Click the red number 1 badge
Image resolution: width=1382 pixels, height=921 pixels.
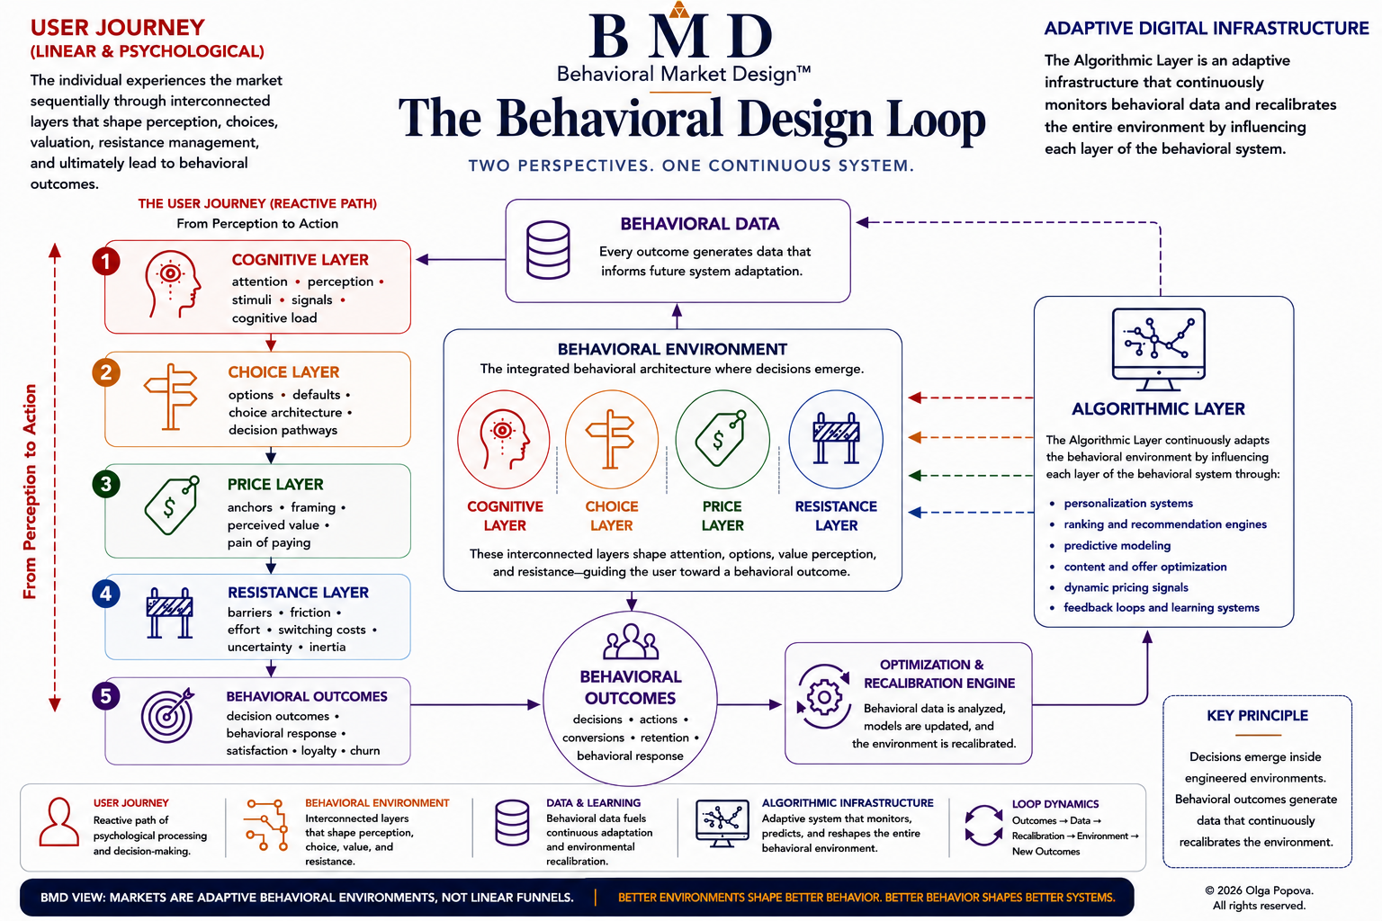point(105,261)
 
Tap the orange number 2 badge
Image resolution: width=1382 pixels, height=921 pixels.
point(106,372)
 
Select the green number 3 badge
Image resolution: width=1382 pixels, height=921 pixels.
point(106,484)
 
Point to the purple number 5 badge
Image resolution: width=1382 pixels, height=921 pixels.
point(106,696)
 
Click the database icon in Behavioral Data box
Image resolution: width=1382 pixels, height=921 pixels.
point(548,250)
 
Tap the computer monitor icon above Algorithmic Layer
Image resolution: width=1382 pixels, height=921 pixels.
point(1158,349)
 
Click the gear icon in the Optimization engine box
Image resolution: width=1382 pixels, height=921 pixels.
point(823,697)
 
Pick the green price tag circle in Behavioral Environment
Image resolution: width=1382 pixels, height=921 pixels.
point(722,439)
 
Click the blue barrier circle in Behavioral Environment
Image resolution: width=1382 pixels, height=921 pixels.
point(836,439)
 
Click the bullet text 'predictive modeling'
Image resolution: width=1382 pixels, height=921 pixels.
point(1117,545)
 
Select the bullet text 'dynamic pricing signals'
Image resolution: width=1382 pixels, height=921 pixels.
point(1126,587)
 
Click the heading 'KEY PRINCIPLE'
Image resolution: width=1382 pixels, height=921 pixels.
point(1257,716)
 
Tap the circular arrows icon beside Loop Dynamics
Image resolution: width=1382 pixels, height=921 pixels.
point(983,826)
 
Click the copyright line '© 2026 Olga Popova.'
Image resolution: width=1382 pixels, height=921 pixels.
point(1260,890)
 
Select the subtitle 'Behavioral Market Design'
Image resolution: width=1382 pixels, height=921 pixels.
point(684,74)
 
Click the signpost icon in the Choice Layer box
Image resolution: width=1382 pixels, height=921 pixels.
point(171,397)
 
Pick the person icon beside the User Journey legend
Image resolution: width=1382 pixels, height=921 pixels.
point(59,822)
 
